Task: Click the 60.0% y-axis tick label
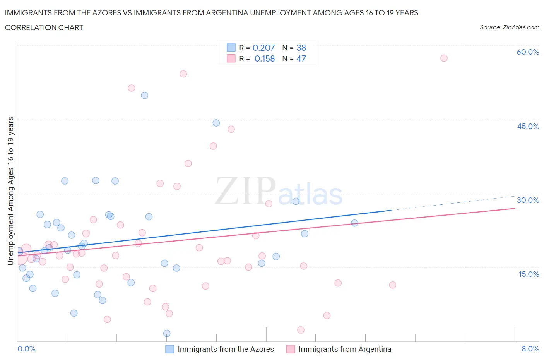point(528,52)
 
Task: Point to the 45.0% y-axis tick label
point(528,126)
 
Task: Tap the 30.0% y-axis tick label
point(528,200)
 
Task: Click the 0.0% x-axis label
point(27,349)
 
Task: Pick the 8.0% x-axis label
point(530,349)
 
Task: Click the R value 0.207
point(263,48)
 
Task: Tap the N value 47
point(301,58)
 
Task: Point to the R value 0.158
point(265,58)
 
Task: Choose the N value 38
point(301,48)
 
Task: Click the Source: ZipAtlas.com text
point(509,27)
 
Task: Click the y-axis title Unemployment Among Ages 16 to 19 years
point(11,191)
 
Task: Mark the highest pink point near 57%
point(444,58)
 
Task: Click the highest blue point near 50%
point(145,95)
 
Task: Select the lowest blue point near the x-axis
point(167,333)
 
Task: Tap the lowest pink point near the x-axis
point(301,330)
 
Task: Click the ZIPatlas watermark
point(279,191)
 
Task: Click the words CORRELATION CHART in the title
point(44,27)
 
